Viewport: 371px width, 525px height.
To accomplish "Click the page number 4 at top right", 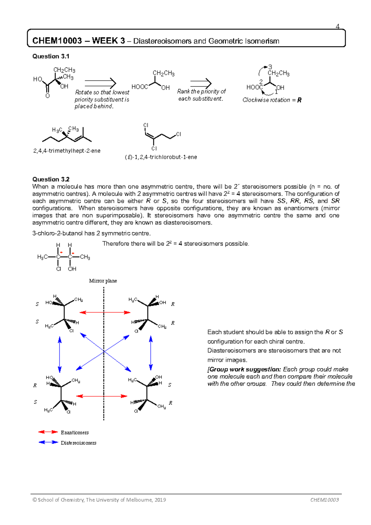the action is pos(338,27).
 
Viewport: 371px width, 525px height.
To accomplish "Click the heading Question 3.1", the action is pos(51,56).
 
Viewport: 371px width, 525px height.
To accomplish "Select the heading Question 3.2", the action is pos(51,179).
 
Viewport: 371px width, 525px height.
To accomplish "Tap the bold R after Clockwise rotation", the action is pos(299,100).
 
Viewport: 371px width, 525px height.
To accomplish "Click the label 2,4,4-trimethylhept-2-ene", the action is pos(67,151).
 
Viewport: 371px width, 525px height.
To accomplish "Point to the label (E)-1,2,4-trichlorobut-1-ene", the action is pos(161,157).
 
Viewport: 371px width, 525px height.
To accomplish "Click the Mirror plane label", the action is pos(103,281).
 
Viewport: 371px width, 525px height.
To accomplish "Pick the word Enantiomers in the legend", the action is pos(75,433).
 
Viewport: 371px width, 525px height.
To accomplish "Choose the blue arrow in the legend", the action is pos(48,442).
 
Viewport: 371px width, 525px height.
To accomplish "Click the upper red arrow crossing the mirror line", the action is pos(105,313).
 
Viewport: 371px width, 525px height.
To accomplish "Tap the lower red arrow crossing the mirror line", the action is pos(102,396).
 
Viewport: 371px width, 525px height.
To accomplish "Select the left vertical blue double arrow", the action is pos(60,354).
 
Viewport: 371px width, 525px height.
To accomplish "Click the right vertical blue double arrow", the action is pos(151,353).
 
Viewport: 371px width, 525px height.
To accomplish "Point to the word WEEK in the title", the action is pos(105,41).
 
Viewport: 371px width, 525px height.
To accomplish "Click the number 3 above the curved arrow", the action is pos(270,67).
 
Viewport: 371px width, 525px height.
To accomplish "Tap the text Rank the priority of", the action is pos(201,92).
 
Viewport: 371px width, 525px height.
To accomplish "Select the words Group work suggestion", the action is pos(245,369).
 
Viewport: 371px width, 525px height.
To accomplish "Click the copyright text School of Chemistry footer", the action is pos(99,500).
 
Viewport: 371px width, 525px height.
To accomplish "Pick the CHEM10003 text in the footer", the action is pos(325,500).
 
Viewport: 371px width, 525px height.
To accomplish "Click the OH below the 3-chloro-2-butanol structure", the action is pos(72,269).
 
